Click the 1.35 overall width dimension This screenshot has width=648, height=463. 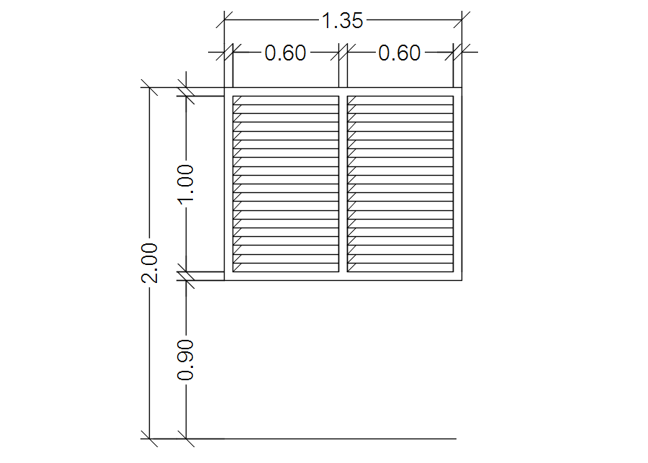point(342,21)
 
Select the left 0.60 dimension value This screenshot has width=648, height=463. point(286,53)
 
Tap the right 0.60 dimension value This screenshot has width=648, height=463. point(400,53)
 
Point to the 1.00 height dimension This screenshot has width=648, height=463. point(186,184)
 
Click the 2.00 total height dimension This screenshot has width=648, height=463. point(150,263)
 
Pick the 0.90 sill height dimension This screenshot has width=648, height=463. point(186,359)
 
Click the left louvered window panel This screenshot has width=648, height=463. point(285,184)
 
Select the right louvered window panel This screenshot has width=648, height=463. point(400,184)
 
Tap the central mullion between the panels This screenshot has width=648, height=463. point(343,184)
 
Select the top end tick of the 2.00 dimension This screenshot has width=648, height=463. point(150,89)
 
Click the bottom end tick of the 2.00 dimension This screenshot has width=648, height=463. point(150,438)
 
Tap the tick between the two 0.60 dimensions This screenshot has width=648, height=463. point(343,52)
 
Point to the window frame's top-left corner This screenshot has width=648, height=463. point(225,89)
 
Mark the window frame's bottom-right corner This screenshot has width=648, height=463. point(461,279)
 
